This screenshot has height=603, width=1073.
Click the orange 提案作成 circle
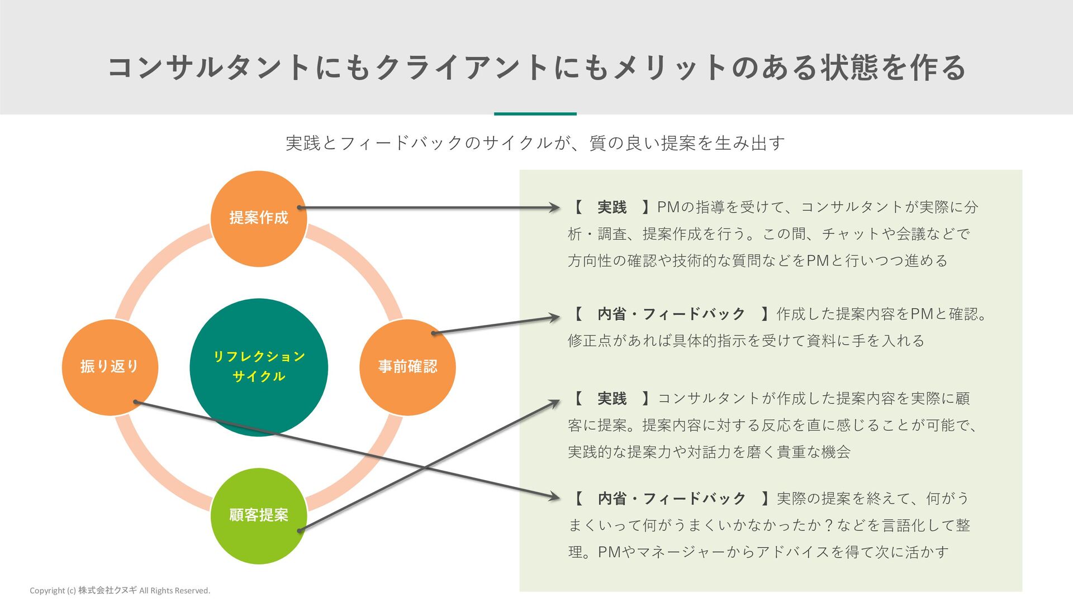point(258,218)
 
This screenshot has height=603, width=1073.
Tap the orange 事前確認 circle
point(407,367)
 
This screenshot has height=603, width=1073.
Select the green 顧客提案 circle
point(258,515)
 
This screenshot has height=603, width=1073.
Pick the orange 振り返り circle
point(110,367)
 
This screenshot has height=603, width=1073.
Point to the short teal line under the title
point(535,114)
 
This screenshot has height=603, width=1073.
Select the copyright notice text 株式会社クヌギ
point(107,590)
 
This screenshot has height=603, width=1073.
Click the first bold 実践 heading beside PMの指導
point(612,207)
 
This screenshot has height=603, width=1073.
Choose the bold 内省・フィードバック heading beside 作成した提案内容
point(671,314)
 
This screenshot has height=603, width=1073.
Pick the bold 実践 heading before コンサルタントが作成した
point(612,399)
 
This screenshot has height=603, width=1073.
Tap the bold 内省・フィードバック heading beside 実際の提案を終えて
point(671,499)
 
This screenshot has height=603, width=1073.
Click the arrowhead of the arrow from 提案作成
point(555,208)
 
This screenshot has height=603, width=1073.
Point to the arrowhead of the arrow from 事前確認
point(555,318)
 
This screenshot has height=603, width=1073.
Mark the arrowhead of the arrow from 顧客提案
point(555,402)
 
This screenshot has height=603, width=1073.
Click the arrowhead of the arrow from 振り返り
point(555,496)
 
